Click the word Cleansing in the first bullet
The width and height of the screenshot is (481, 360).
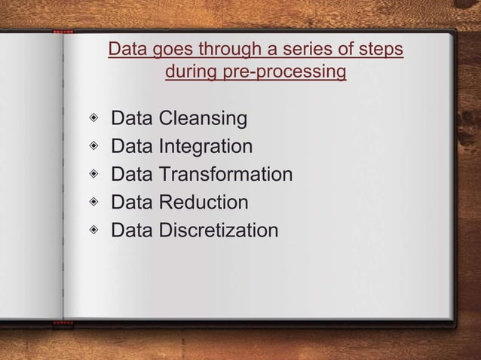click(x=203, y=119)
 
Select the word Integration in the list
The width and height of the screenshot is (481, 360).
click(x=205, y=147)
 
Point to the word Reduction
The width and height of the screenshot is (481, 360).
click(x=203, y=203)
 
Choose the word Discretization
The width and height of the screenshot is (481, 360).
click(x=218, y=230)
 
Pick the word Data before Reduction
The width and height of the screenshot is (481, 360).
click(x=132, y=203)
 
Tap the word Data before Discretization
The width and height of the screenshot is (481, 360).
click(x=132, y=230)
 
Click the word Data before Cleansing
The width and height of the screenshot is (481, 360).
click(x=132, y=119)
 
